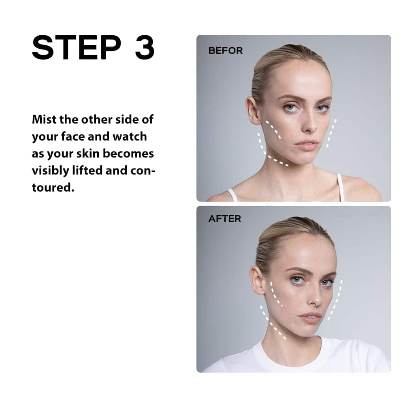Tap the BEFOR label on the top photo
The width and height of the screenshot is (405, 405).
226,51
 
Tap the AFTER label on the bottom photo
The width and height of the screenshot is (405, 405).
224,219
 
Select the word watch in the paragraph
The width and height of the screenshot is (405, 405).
130,136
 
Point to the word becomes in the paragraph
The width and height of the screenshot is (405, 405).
128,153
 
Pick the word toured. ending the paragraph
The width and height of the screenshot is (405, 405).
53,188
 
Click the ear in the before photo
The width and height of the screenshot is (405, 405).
252,111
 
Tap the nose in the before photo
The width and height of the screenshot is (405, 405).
310,124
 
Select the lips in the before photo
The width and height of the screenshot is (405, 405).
307,145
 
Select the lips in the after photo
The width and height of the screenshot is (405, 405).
311,318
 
